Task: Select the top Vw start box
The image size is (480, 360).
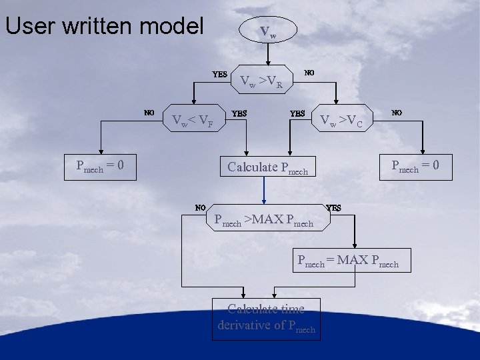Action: point(267,31)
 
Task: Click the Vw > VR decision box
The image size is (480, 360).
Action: point(261,82)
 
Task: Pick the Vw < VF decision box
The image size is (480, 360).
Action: point(192,121)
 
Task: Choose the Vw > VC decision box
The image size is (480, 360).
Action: point(341,121)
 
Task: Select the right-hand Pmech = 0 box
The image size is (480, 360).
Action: point(414,165)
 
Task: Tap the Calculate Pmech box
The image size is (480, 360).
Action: point(267,167)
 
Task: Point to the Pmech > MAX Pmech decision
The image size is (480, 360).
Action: point(263,219)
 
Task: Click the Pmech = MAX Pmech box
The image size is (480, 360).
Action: point(348,260)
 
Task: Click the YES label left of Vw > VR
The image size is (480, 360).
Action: point(219,74)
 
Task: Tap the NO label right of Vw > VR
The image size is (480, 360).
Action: point(309,72)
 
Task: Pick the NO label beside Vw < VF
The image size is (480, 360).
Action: point(149,112)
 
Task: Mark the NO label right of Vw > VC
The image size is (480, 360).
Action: point(397,113)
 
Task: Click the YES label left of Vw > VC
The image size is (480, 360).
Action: point(297,113)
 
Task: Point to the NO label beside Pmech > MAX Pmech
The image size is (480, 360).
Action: point(200,207)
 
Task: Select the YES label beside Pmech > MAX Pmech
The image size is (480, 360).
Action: point(334,207)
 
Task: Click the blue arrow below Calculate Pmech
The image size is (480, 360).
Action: point(264,190)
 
